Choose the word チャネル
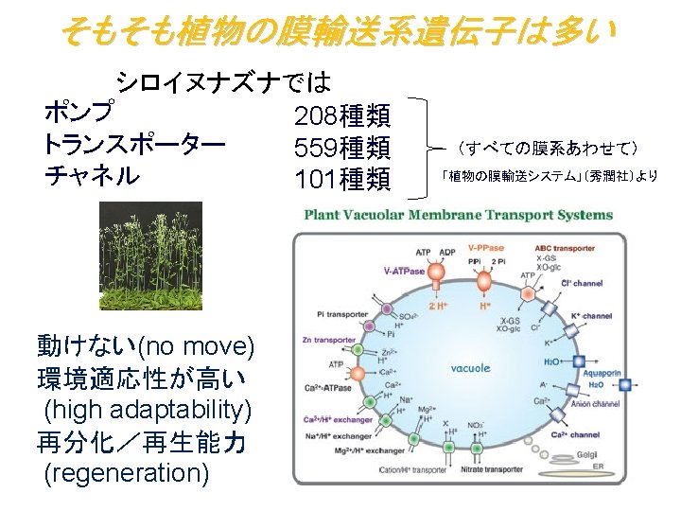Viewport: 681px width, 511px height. [91, 176]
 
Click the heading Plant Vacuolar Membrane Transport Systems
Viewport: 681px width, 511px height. [458, 215]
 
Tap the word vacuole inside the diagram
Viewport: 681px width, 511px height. [469, 368]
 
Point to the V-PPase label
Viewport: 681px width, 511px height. [485, 247]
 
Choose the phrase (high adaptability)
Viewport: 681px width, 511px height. [148, 409]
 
